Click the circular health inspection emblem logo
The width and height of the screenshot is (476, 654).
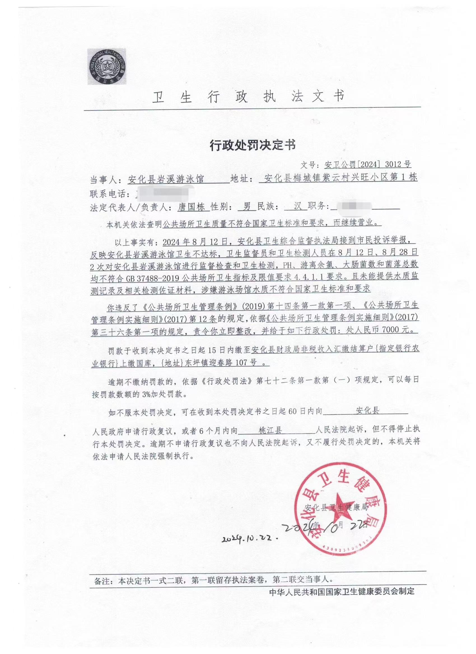[107, 67]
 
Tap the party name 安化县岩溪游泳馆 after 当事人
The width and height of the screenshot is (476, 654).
[166, 179]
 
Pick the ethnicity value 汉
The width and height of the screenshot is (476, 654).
[297, 207]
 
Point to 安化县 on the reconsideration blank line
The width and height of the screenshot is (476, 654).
[368, 411]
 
